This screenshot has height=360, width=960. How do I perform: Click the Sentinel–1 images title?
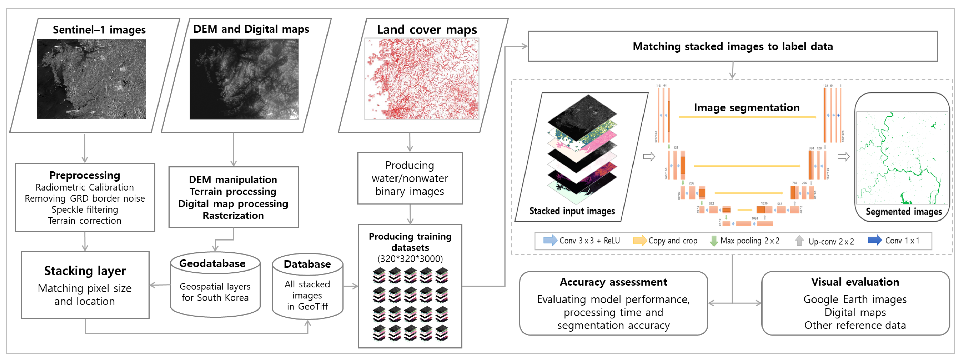point(99,30)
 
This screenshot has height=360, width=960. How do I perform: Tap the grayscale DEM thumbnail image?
point(244,79)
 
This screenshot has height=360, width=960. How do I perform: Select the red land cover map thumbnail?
point(421,79)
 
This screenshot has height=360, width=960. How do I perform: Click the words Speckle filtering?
point(85,209)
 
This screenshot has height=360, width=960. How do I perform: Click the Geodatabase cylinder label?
point(212,264)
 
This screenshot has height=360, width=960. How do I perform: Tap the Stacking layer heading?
point(85,271)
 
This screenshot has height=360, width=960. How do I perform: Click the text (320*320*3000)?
point(410,259)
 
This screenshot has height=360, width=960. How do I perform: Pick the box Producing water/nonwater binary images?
point(410,178)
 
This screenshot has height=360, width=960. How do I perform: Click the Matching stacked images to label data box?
point(732,46)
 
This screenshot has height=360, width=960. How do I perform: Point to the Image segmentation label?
point(746,108)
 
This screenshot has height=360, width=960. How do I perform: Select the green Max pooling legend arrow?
point(713,241)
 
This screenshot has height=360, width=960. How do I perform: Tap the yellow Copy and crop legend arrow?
point(639,240)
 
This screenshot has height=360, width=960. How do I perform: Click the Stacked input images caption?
point(572,211)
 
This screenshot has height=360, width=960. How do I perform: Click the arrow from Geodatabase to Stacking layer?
point(160,285)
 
